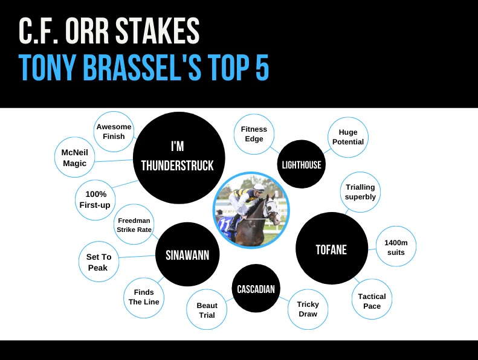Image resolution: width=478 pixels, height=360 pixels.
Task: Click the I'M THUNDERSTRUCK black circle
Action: pyautogui.click(x=177, y=156)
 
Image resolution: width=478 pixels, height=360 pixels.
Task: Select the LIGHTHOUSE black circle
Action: pyautogui.click(x=302, y=164)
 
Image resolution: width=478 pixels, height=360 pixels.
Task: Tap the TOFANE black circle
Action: pyautogui.click(x=331, y=249)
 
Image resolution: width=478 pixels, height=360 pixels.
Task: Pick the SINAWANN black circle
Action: pyautogui.click(x=187, y=255)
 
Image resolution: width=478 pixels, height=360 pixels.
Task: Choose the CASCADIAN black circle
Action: pyautogui.click(x=256, y=289)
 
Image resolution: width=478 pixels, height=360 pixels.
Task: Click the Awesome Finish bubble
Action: pyautogui.click(x=114, y=132)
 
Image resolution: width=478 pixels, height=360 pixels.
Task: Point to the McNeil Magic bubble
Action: pyautogui.click(x=74, y=158)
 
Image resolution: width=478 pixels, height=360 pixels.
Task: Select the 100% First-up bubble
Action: pyautogui.click(x=95, y=199)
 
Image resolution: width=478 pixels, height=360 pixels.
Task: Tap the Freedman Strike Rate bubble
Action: pyautogui.click(x=134, y=225)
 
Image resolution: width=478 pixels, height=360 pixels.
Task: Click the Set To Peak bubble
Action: pyautogui.click(x=98, y=262)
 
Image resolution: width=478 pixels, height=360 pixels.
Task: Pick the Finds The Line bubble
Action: pyautogui.click(x=144, y=297)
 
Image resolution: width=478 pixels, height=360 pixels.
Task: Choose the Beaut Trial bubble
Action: pyautogui.click(x=207, y=310)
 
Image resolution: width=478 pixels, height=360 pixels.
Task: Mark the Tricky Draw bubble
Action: pyautogui.click(x=308, y=309)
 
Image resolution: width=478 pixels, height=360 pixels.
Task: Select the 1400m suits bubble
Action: pyautogui.click(x=396, y=246)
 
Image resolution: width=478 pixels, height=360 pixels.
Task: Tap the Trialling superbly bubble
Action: pyautogui.click(x=360, y=192)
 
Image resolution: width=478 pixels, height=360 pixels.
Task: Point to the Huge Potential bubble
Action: pyautogui.click(x=347, y=137)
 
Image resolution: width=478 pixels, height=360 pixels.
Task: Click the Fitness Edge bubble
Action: pyautogui.click(x=254, y=134)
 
